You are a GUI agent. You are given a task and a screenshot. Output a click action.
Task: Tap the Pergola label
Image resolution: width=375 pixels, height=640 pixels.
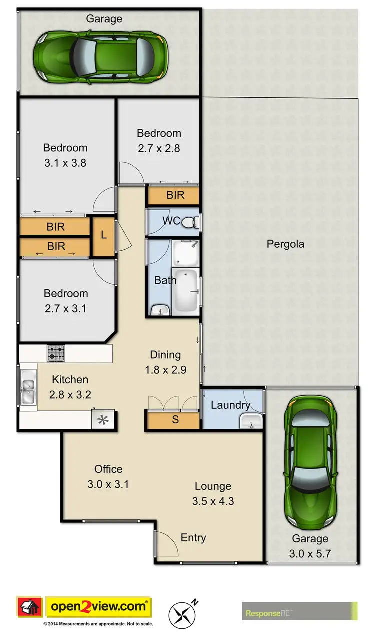coord(285,244)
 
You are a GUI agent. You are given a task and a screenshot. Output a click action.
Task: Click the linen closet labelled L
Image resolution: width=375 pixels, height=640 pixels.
coord(103,235)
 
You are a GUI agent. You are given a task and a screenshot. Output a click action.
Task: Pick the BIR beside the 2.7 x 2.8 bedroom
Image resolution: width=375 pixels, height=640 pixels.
coord(175,195)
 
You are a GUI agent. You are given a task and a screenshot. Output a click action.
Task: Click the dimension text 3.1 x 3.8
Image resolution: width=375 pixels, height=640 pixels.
coord(65,163)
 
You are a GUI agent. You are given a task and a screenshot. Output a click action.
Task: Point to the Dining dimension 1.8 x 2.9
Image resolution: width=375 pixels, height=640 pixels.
coord(165,370)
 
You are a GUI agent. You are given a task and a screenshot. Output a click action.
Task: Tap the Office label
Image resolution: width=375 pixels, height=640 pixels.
coord(108,469)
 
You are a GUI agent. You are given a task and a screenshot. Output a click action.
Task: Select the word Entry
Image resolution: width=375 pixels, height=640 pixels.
coord(193,538)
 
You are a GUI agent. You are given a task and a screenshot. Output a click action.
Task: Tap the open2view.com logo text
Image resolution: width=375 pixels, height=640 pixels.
coord(98,607)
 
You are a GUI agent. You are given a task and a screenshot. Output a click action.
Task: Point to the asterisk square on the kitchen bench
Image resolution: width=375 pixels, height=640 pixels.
coord(103,420)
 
